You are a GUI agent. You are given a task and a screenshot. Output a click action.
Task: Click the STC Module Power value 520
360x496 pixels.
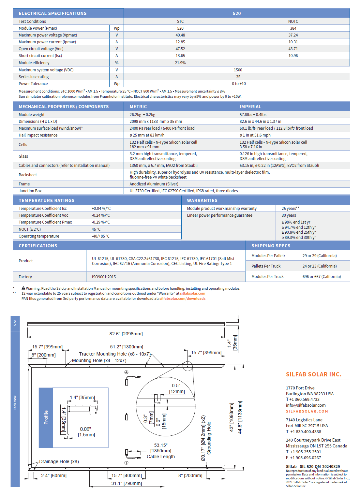[x=180, y=28]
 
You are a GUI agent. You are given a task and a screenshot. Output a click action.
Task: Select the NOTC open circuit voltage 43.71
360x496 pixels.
[x=293, y=49]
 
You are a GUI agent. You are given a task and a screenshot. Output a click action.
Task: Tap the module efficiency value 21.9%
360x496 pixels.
[x=180, y=63]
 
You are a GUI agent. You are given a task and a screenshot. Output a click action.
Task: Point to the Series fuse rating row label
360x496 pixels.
[x=34, y=77]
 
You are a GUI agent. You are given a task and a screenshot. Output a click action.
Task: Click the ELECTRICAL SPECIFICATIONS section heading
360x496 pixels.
[x=52, y=13]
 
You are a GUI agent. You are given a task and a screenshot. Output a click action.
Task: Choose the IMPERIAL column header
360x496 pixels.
[x=250, y=107]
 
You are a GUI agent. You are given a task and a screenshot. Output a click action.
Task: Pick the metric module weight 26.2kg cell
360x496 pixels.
[x=142, y=115]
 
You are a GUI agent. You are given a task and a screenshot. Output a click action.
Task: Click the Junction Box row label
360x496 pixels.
[x=30, y=191]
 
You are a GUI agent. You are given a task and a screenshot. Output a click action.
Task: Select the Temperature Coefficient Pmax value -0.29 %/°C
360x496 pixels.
[x=101, y=222]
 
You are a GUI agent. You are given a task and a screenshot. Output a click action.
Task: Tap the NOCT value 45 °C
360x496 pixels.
[x=96, y=229]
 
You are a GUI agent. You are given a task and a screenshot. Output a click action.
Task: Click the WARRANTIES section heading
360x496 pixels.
[x=202, y=200]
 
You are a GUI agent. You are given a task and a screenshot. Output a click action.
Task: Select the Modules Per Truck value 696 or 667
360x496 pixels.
[x=322, y=277]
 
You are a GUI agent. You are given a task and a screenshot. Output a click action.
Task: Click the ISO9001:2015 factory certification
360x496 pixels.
[x=104, y=277]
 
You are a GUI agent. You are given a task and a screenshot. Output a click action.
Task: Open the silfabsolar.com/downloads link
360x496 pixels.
[x=182, y=299]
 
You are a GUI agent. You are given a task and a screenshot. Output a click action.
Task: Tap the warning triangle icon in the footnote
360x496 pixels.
[x=23, y=288]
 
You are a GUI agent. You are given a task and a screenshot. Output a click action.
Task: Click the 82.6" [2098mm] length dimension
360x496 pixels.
[x=126, y=334]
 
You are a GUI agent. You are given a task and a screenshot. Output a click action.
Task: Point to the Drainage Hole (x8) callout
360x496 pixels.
[x=59, y=461]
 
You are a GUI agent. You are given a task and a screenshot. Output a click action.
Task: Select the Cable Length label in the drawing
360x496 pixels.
[x=161, y=457]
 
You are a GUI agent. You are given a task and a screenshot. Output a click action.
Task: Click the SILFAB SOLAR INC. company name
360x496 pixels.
[x=313, y=374]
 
